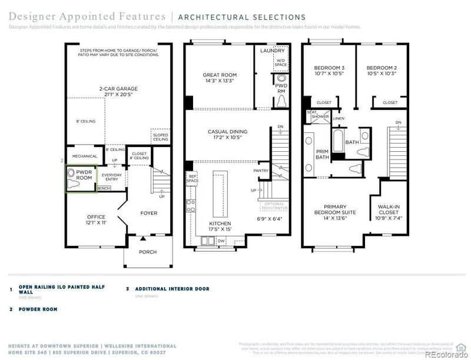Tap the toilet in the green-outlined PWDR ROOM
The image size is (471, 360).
(x=72, y=183)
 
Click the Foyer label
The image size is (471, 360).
(x=148, y=213)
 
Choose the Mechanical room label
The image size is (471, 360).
(x=84, y=156)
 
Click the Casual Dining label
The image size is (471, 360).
(x=227, y=135)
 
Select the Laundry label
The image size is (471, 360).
(x=272, y=51)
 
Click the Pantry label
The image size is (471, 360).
(x=261, y=171)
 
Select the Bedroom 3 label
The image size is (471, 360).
(x=329, y=71)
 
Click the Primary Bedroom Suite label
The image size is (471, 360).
(x=330, y=215)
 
